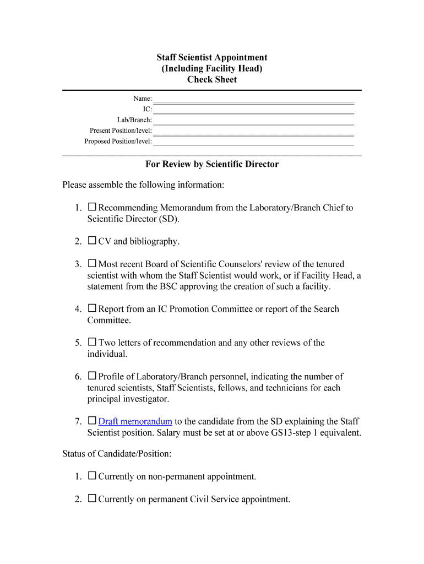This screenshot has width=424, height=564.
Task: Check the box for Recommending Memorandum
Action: point(92,208)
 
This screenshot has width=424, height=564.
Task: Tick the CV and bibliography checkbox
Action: point(92,241)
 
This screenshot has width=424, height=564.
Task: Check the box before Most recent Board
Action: point(92,264)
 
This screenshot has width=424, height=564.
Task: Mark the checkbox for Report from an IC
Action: point(92,308)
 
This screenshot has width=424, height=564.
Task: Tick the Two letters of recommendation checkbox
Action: point(92,343)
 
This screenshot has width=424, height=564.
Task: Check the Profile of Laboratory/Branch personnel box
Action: point(92,376)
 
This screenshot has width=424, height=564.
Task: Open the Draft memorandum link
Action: point(135,421)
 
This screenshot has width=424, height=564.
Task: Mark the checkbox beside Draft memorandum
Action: point(92,421)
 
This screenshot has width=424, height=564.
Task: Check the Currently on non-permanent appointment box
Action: point(92,476)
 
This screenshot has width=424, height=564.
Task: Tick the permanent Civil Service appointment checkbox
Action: point(92,499)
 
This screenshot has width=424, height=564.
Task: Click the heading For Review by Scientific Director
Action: point(212,164)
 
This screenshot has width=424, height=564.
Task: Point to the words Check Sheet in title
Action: point(212,79)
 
